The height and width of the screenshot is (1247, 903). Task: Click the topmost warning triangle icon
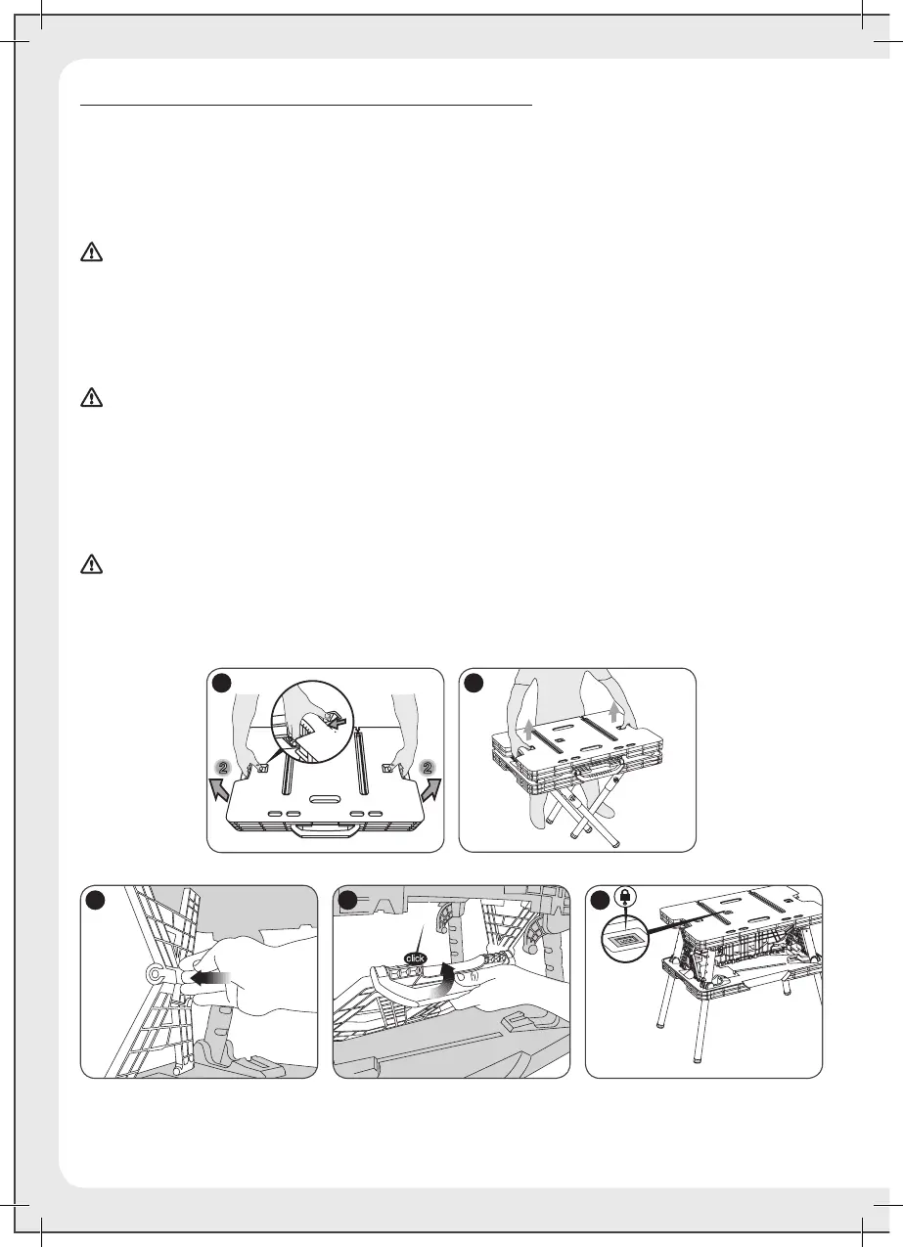pyautogui.click(x=91, y=252)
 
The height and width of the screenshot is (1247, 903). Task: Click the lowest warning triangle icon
pyautogui.click(x=91, y=564)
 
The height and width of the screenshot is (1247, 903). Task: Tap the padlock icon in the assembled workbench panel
pyautogui.click(x=626, y=897)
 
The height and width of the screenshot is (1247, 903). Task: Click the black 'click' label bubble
pyautogui.click(x=416, y=958)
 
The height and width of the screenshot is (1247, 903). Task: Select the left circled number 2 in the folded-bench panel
pyautogui.click(x=223, y=768)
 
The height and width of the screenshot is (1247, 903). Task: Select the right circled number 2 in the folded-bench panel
pyautogui.click(x=428, y=768)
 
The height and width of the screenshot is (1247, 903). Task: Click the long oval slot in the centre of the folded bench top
pyautogui.click(x=324, y=799)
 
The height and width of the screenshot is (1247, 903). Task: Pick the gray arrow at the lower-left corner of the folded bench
pyautogui.click(x=220, y=790)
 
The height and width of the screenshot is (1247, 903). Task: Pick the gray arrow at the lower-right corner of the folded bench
pyautogui.click(x=430, y=790)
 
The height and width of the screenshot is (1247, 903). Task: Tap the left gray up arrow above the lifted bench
pyautogui.click(x=528, y=731)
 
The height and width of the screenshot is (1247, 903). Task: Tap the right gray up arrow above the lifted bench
pyautogui.click(x=613, y=713)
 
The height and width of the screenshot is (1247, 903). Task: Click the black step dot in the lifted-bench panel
pyautogui.click(x=474, y=683)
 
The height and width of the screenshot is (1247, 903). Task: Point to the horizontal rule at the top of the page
pyautogui.click(x=307, y=104)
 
